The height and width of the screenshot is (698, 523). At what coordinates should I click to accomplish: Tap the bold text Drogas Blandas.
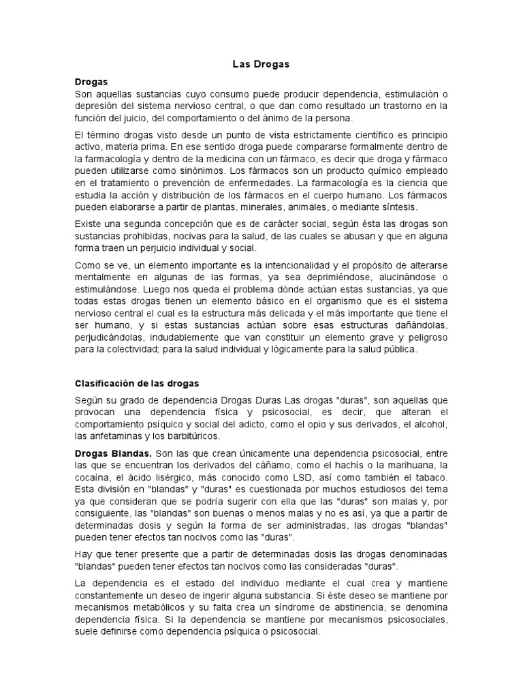pos(113,453)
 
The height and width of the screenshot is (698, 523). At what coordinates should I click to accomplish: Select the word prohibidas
pos(144,236)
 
